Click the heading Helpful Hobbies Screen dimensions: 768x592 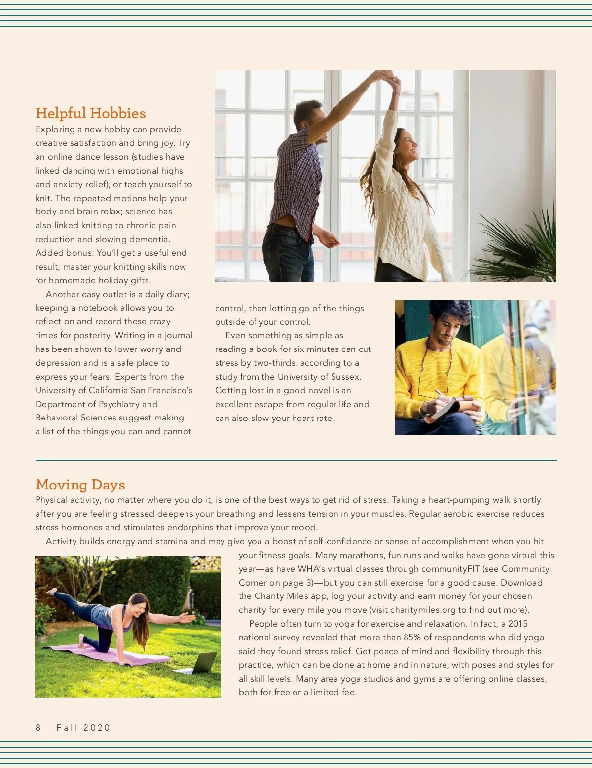(x=90, y=113)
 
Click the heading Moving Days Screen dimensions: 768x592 (x=80, y=485)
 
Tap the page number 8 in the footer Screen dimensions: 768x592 (x=38, y=728)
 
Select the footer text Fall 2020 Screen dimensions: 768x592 (x=83, y=728)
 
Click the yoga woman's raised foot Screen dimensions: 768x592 (x=50, y=591)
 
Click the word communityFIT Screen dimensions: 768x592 (x=450, y=569)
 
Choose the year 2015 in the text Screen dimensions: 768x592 (x=518, y=624)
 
